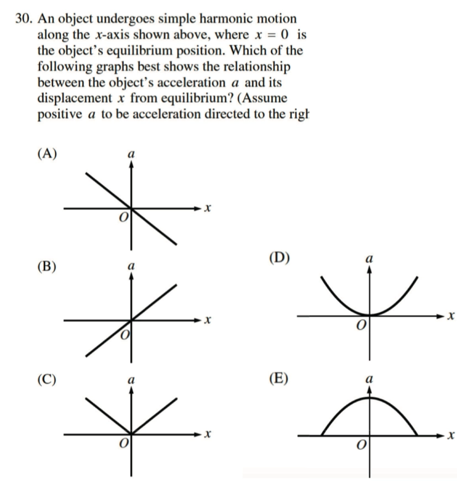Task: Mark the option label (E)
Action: click(282, 379)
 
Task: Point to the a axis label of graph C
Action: click(130, 381)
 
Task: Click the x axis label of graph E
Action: click(451, 436)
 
